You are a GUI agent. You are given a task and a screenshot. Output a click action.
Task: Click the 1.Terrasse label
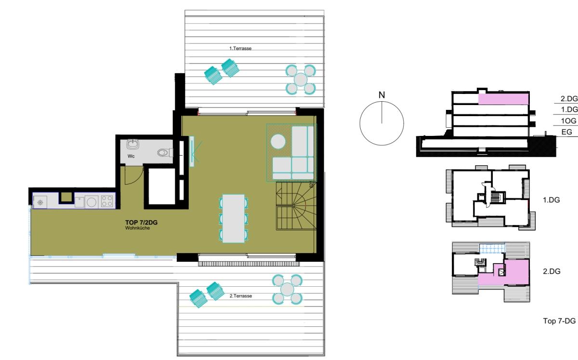(x=240, y=48)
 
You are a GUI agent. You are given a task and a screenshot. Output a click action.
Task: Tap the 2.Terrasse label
(x=241, y=296)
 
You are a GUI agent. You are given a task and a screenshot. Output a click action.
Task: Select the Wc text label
(x=131, y=156)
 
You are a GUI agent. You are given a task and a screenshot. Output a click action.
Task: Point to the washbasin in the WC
(x=133, y=144)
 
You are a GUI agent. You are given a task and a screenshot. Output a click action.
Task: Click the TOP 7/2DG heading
(x=142, y=222)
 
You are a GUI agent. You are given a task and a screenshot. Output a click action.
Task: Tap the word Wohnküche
(x=138, y=228)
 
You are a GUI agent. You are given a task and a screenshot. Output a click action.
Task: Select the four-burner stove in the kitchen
(x=107, y=201)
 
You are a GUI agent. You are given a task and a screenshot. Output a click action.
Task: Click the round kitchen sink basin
(x=92, y=202)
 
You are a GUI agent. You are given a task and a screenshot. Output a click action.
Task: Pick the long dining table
(x=234, y=219)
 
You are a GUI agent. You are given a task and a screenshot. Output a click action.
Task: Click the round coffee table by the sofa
(x=278, y=142)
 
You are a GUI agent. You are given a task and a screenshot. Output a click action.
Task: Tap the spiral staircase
(x=296, y=206)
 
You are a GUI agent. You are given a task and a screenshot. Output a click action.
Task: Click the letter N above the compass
(x=381, y=95)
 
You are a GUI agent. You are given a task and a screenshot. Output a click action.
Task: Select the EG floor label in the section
(x=566, y=132)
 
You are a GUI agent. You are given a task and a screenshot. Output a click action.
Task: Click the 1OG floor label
(x=568, y=121)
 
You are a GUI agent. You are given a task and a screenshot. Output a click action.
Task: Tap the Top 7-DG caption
(x=559, y=321)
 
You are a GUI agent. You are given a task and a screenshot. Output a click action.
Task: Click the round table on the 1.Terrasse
(x=301, y=80)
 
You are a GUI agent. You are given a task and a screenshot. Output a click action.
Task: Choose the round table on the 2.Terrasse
(x=287, y=289)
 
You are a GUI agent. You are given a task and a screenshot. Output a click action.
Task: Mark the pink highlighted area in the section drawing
(x=503, y=99)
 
